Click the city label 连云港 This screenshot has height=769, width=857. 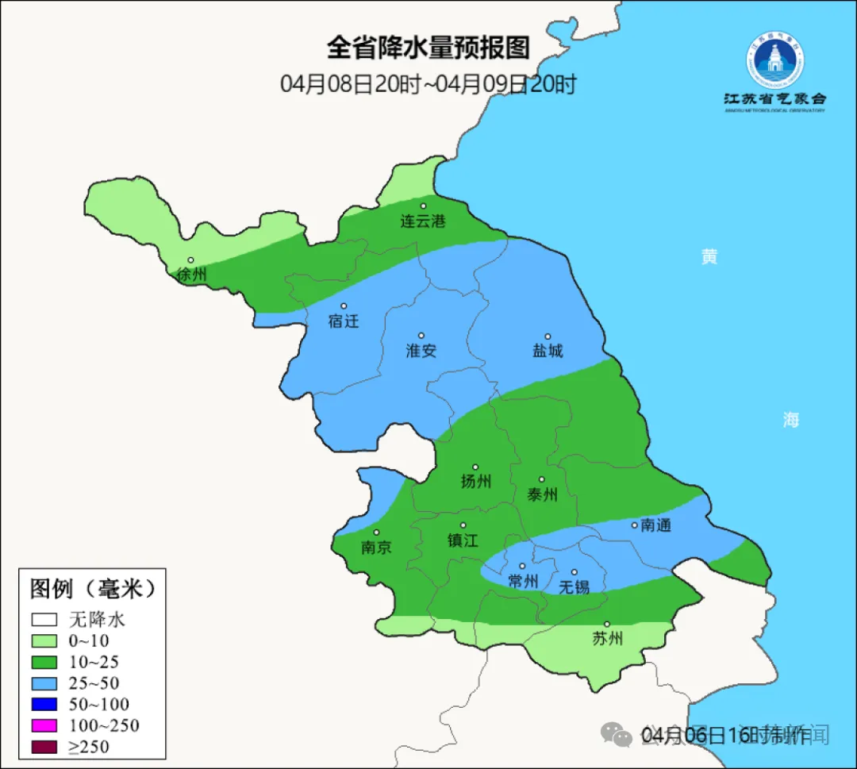(x=423, y=221)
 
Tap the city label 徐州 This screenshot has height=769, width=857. (x=191, y=275)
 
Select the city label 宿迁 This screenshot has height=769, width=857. (x=344, y=321)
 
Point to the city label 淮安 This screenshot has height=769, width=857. (x=421, y=351)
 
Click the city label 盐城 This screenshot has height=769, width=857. (x=548, y=351)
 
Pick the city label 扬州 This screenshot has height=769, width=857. (x=476, y=481)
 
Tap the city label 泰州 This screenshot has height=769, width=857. (x=542, y=494)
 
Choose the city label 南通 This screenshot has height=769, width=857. (x=656, y=525)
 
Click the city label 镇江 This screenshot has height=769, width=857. (x=463, y=540)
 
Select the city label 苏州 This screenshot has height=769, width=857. (x=607, y=639)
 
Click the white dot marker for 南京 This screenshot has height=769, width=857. (x=376, y=533)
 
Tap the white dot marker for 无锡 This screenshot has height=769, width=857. (x=574, y=571)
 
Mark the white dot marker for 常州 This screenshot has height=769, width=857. (x=522, y=566)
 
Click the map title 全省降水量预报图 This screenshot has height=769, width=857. (x=428, y=48)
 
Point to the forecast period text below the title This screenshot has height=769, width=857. (x=428, y=84)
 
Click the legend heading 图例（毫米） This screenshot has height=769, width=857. (x=92, y=589)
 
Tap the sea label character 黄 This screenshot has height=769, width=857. (x=709, y=256)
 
